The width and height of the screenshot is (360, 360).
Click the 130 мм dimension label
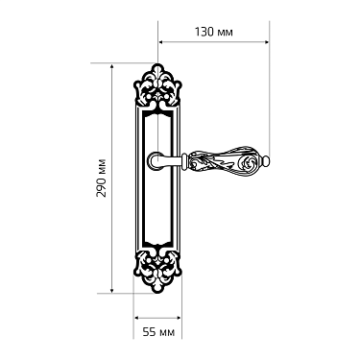point(212,30)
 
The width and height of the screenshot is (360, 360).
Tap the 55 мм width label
point(157,332)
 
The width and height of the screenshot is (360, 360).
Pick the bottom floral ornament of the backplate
point(157,273)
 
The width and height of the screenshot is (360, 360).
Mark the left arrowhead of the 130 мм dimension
point(161,42)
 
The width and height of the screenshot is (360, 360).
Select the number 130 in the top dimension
point(203,30)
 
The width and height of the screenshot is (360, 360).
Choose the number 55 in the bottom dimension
point(149,332)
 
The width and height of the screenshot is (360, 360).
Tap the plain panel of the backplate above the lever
point(157,130)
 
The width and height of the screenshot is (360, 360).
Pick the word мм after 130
point(226,30)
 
